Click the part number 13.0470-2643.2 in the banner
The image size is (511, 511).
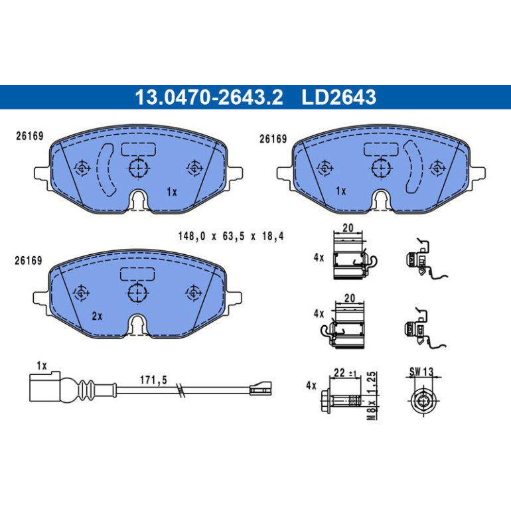209,97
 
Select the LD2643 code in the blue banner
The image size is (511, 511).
339,97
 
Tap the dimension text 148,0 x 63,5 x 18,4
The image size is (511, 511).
231,236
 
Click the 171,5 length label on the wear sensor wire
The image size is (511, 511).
153,380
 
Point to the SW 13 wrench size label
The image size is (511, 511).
421,371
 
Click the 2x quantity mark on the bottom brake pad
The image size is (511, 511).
97,316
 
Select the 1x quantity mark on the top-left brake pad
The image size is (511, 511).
172,192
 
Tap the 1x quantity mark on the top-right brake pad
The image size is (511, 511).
340,191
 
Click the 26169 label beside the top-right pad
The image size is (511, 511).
273,139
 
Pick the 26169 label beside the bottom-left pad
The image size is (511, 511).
29,261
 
